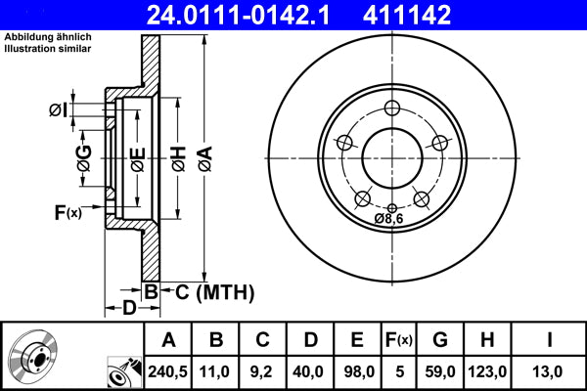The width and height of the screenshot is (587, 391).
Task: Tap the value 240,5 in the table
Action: pyautogui.click(x=167, y=370)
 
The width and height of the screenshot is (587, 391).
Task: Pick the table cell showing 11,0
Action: pyautogui.click(x=215, y=370)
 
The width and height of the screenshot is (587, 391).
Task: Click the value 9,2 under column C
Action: pyautogui.click(x=262, y=370)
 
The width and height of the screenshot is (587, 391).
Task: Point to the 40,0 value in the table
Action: pyautogui.click(x=309, y=370)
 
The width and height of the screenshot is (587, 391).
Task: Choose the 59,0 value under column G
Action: pyautogui.click(x=440, y=370)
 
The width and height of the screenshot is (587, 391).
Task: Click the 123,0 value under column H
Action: pyautogui.click(x=487, y=370)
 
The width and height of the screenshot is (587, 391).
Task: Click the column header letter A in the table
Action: pyautogui.click(x=167, y=340)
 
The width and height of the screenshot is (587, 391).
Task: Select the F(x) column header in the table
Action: pyautogui.click(x=398, y=340)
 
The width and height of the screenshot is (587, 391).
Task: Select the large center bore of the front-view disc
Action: pyautogui.click(x=391, y=156)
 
